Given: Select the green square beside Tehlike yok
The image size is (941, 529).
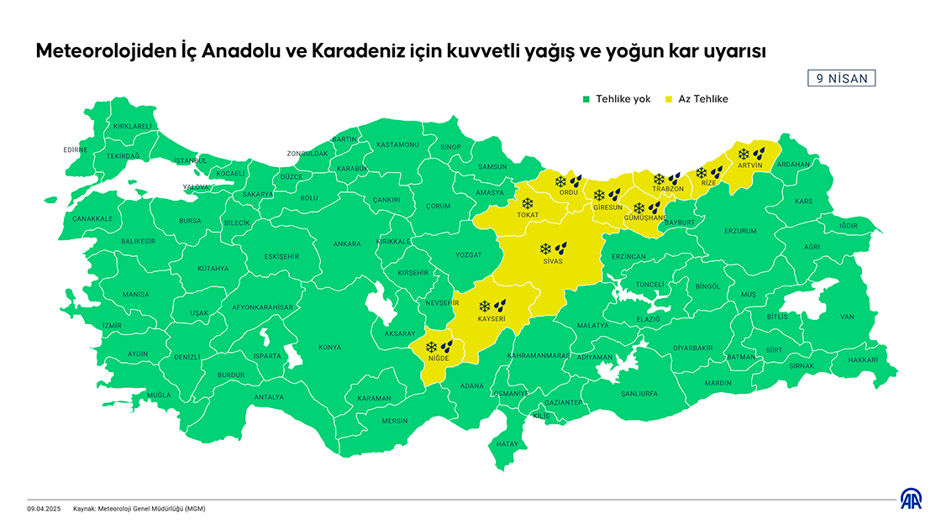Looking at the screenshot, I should [587, 99].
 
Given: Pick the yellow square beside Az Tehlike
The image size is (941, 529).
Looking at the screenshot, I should [670, 99].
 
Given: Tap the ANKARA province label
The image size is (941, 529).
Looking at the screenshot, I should [347, 244].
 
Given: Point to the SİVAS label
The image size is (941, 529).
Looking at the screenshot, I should [552, 262].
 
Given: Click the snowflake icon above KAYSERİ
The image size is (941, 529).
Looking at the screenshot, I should [484, 306].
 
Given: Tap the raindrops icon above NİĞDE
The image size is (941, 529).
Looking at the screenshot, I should [447, 346].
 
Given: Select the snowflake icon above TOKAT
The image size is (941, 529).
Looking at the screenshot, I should [528, 203].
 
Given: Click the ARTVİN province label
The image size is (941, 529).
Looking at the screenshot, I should [749, 165].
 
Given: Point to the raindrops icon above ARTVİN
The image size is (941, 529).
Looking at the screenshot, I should [759, 154].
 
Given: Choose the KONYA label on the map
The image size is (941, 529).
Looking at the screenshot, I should [329, 347].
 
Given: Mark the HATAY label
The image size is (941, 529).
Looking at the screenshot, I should [507, 443].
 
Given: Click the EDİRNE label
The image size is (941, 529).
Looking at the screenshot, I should [75, 150].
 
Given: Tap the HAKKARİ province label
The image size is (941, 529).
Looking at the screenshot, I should [862, 359].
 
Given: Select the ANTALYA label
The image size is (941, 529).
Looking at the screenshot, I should [269, 396].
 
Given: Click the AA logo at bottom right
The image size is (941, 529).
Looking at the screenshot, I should [912, 500].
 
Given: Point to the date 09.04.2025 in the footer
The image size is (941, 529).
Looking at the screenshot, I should [45, 509].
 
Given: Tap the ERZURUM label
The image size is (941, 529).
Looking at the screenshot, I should [740, 231].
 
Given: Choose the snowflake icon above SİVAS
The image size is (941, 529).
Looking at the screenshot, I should [545, 249].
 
